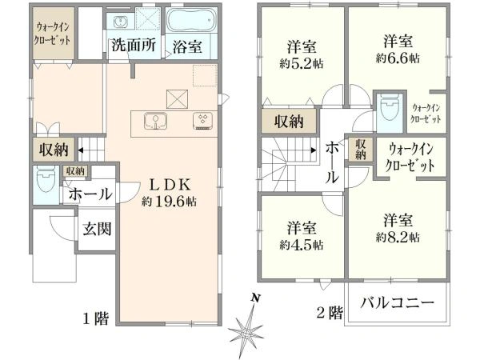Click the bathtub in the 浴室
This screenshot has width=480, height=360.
[191, 20]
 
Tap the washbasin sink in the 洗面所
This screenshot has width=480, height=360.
[120, 22]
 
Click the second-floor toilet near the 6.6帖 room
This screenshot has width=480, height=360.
[389, 107]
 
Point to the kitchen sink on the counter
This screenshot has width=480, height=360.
[155, 121]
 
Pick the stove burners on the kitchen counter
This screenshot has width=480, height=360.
[202, 122]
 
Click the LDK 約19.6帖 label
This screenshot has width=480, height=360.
[170, 193]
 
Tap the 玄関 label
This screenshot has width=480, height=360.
[97, 228]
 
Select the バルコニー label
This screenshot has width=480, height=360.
[398, 302]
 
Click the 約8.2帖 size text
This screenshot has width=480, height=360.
[398, 238]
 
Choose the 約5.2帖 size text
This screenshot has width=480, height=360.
[301, 64]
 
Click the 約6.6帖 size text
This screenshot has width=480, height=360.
[398, 58]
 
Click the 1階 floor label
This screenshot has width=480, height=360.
[96, 319]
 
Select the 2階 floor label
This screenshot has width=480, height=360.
[330, 313]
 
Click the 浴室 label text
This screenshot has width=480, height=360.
[187, 47]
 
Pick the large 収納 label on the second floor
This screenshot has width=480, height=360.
[288, 122]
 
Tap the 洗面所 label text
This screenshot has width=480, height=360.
[134, 46]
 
